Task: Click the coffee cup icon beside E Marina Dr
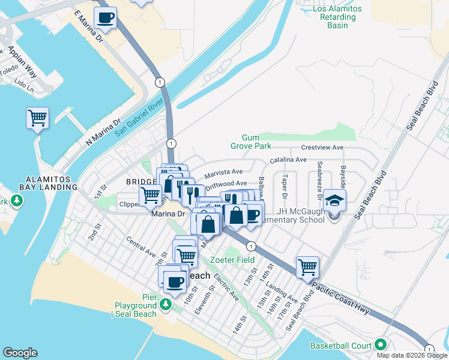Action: tap(106, 18)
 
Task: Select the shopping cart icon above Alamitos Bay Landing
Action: tap(37, 118)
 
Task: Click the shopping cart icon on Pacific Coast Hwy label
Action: tap(307, 267)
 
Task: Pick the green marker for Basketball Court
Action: tap(380, 346)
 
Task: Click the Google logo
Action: tap(20, 353)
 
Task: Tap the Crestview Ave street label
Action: tap(322, 147)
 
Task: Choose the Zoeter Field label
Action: tap(232, 260)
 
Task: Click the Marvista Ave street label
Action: tap(223, 173)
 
